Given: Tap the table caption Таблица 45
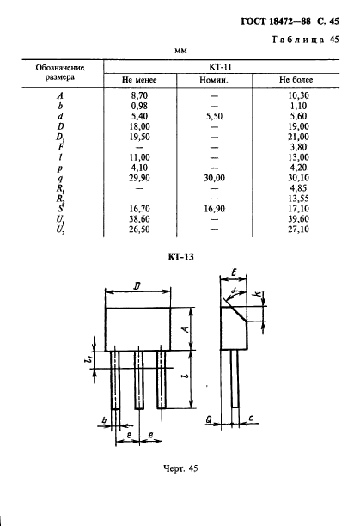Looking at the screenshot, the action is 305,40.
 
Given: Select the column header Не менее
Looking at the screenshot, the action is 139,80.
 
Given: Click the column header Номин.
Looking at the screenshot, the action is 214,80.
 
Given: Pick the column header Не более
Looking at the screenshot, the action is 296,80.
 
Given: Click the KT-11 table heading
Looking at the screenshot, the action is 220,67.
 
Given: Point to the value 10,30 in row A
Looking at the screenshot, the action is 298,95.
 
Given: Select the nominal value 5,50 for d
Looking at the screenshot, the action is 214,116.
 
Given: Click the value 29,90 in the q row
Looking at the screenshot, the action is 139,178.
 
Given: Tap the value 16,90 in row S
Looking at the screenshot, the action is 214,209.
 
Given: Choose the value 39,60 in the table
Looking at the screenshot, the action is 298,219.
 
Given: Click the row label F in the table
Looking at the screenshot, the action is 60,147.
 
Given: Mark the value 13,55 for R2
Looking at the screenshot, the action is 298,199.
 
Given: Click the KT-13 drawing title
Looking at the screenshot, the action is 180,257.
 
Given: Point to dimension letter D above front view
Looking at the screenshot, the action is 137,286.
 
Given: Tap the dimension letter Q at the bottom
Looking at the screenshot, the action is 209,419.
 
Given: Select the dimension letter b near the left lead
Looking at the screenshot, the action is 104,419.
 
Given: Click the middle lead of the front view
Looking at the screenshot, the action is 139,380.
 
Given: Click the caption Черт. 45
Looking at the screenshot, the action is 180,468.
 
